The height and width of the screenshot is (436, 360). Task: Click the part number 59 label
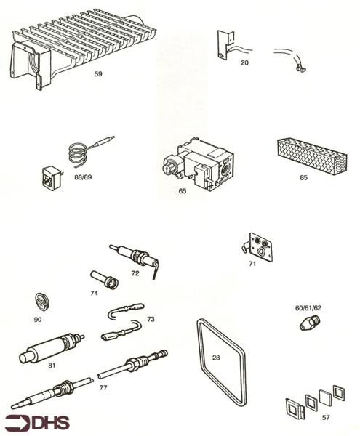pyautogui.click(x=98, y=73)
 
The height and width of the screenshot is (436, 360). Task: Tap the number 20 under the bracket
pyautogui.click(x=244, y=62)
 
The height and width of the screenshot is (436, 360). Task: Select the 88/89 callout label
pyautogui.click(x=83, y=177)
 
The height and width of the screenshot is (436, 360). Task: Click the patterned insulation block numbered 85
pyautogui.click(x=312, y=156)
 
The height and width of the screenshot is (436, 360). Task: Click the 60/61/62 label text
pyautogui.click(x=308, y=308)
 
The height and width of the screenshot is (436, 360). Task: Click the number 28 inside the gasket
pyautogui.click(x=216, y=358)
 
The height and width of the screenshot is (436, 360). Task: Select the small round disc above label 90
pyautogui.click(x=42, y=302)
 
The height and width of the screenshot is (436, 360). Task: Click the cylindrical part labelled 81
pyautogui.click(x=50, y=347)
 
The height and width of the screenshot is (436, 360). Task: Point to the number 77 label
pyautogui.click(x=103, y=387)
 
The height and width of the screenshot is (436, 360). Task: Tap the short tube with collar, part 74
pyautogui.click(x=105, y=280)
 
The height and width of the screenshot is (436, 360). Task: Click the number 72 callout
pyautogui.click(x=135, y=273)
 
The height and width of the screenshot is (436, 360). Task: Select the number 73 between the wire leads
pyautogui.click(x=151, y=319)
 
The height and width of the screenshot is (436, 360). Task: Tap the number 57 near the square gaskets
pyautogui.click(x=326, y=417)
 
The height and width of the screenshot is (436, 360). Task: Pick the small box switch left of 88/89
pyautogui.click(x=52, y=178)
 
